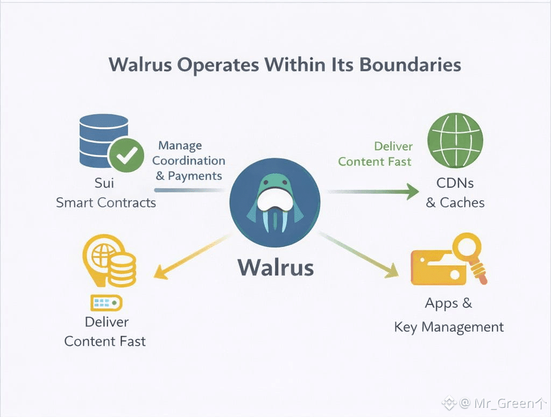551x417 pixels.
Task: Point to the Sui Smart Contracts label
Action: pos(106,193)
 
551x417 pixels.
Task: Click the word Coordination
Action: pos(188,160)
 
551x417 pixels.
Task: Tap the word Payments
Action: pos(195,176)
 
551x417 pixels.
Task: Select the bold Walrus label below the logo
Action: pos(276,267)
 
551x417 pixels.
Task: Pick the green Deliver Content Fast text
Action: pos(375,154)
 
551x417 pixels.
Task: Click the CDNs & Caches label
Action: pos(455,193)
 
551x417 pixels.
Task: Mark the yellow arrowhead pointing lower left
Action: pos(161,272)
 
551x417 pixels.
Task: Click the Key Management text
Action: pos(449,327)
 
